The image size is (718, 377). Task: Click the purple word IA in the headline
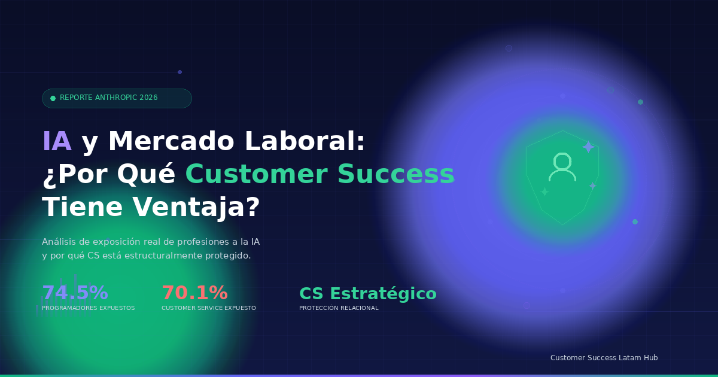click(x=57, y=142)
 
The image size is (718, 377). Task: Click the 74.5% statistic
click(x=75, y=293)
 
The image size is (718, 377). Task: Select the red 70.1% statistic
click(x=194, y=293)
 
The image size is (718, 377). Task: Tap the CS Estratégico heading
click(x=367, y=294)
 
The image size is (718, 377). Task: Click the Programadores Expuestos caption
click(x=88, y=308)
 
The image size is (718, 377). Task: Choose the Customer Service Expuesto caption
click(x=208, y=308)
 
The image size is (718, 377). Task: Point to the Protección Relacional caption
click(x=339, y=308)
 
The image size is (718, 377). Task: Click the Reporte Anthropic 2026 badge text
click(x=108, y=98)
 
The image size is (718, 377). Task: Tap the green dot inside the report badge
click(x=53, y=98)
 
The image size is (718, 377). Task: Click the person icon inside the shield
click(x=562, y=167)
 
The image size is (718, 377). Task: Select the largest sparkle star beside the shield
click(x=588, y=147)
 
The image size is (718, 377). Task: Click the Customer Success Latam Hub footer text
click(x=604, y=358)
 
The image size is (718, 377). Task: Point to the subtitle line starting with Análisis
click(x=150, y=242)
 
